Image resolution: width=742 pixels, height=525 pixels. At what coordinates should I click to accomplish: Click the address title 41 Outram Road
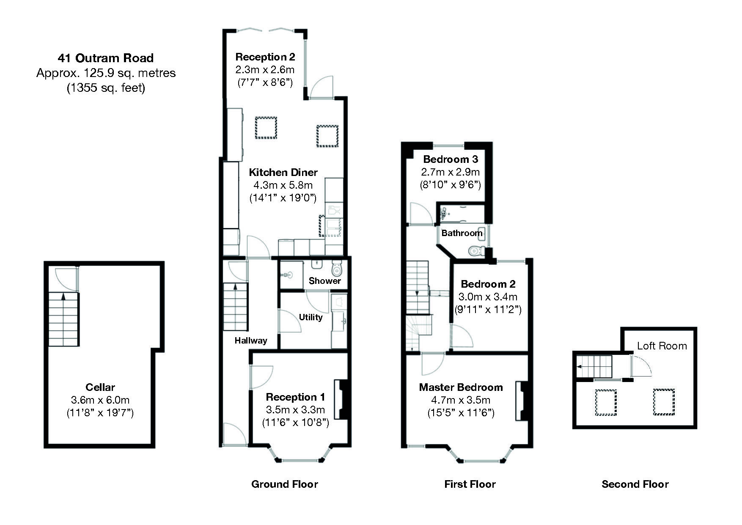coord(106,58)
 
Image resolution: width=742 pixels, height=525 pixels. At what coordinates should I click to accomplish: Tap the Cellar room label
coord(100,387)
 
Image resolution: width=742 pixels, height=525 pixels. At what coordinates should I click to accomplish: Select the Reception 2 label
coord(265,57)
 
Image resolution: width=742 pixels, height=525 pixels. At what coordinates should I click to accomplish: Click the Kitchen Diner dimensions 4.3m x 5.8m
coord(283,185)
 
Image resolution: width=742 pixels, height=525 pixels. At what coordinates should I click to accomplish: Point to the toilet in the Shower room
coord(337,268)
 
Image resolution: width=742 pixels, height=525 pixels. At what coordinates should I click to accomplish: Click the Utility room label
coord(311,317)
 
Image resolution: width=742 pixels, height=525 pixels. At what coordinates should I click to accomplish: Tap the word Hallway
coord(251,341)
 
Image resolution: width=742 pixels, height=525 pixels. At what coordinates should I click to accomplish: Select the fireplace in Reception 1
coord(342,399)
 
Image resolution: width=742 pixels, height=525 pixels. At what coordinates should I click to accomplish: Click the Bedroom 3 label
coord(451,159)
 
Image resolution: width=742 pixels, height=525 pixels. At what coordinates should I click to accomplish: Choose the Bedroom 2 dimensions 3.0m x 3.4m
coord(488,297)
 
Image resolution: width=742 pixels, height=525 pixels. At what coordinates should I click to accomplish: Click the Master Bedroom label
coord(461,387)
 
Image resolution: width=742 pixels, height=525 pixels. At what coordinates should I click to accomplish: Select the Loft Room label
coord(662,346)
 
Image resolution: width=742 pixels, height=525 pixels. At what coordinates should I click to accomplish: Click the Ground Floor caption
coord(285,484)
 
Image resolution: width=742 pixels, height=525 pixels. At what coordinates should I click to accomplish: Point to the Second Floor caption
coord(635,484)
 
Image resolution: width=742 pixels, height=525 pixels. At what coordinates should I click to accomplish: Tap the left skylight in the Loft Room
coord(606,402)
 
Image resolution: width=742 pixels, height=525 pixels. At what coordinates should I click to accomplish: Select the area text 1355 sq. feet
coord(106,88)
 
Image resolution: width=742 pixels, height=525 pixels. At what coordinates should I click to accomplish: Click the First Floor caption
coord(470,484)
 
